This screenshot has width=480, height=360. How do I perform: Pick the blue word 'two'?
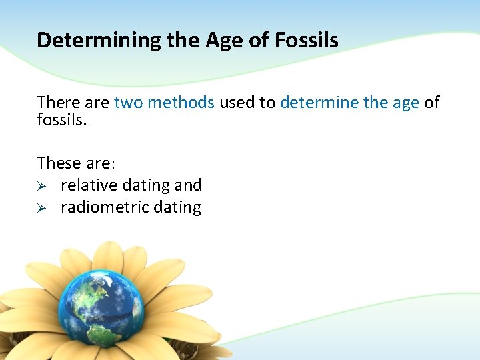click(129, 103)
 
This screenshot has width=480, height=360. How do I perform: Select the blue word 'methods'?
click(181, 103)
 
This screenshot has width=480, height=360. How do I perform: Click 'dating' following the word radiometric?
click(177, 207)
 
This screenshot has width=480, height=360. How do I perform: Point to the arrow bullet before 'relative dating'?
click(41, 185)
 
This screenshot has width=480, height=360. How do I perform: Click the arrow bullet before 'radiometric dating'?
click(41, 208)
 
